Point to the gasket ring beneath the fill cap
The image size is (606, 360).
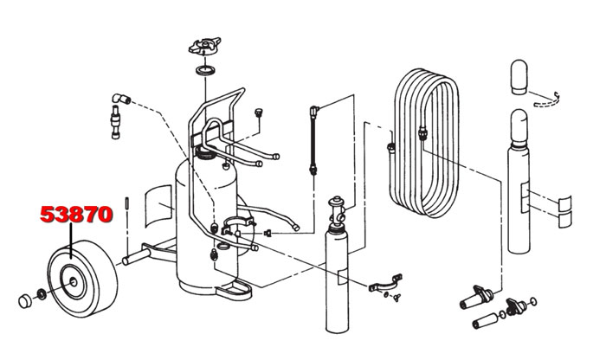click(x=205, y=70)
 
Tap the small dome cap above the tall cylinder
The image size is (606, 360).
click(x=519, y=76)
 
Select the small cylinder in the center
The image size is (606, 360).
click(x=334, y=277)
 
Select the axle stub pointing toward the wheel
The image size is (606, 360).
click(x=133, y=257)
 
